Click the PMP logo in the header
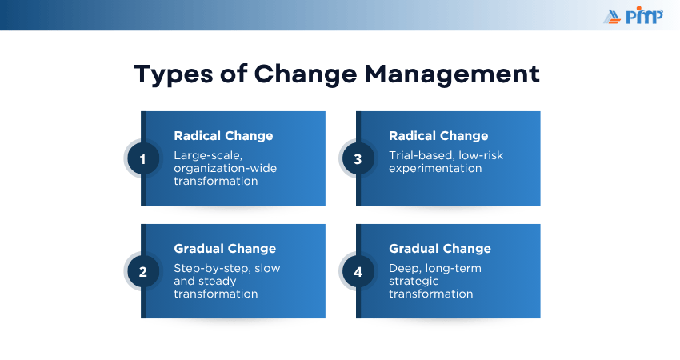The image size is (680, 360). click(x=633, y=16)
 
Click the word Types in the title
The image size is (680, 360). click(x=174, y=74)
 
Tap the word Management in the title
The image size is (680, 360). click(x=452, y=74)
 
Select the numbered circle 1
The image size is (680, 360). click(x=142, y=159)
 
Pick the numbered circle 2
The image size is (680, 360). click(x=142, y=272)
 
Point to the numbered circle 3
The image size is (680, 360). click(x=358, y=159)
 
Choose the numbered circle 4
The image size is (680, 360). click(x=358, y=272)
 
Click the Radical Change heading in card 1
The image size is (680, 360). click(x=223, y=136)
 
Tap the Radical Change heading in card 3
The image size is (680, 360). click(x=438, y=136)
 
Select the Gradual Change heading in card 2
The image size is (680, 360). click(x=225, y=249)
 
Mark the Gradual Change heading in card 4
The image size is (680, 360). click(x=440, y=249)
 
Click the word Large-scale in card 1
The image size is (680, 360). click(x=208, y=156)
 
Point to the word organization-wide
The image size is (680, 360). click(x=225, y=168)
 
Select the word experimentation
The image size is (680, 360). click(x=435, y=169)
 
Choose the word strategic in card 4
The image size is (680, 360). click(x=414, y=282)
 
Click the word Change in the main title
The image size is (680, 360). click(x=306, y=74)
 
